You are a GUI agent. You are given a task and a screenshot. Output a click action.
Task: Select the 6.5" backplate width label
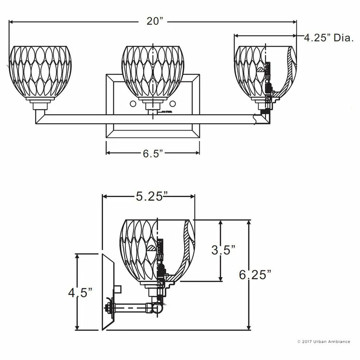coord(153,153)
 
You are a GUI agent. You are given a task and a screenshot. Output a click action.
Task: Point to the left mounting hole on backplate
coord(133,104)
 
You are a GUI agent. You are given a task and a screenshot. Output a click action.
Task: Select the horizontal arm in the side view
coord(135,309)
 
